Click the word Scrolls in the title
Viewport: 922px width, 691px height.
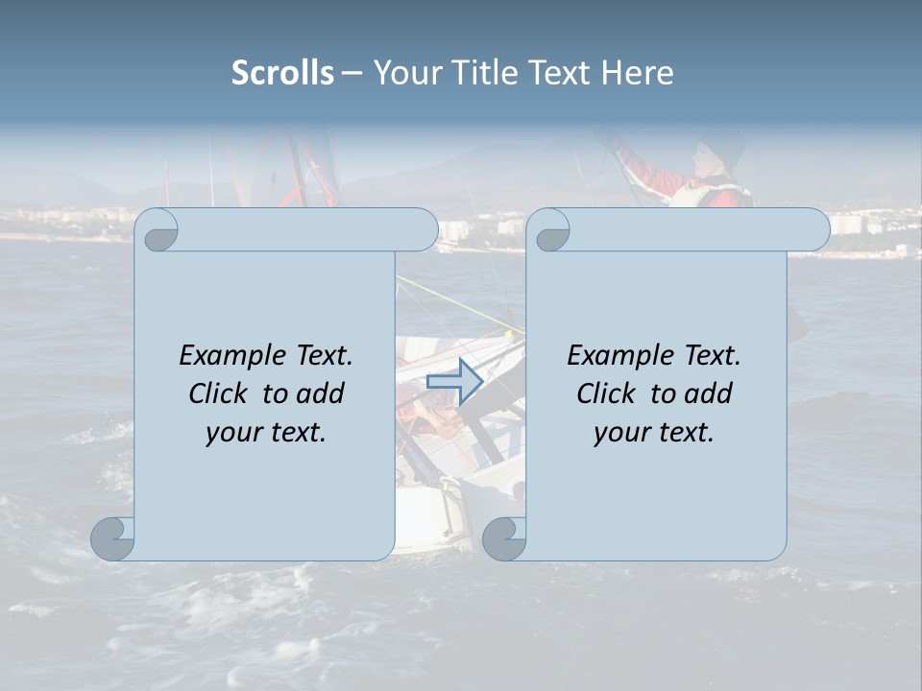pyautogui.click(x=282, y=73)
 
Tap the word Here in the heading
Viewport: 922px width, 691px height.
pyautogui.click(x=637, y=73)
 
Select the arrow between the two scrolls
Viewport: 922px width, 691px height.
pyautogui.click(x=454, y=381)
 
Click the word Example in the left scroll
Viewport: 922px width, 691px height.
pyautogui.click(x=232, y=356)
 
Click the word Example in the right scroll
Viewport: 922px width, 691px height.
pyautogui.click(x=620, y=356)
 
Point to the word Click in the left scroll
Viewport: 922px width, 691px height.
pyautogui.click(x=219, y=393)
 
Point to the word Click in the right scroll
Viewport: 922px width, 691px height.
pyautogui.click(x=606, y=393)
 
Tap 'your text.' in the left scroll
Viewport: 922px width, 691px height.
pyautogui.click(x=266, y=433)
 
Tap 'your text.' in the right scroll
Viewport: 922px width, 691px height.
pyautogui.click(x=654, y=433)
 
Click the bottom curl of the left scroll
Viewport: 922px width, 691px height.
pyautogui.click(x=113, y=538)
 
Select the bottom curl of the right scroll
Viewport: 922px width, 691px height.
pyautogui.click(x=503, y=538)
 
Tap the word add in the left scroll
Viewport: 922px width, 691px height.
pyautogui.click(x=321, y=393)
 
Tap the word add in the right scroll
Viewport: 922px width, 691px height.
pyautogui.click(x=709, y=393)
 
